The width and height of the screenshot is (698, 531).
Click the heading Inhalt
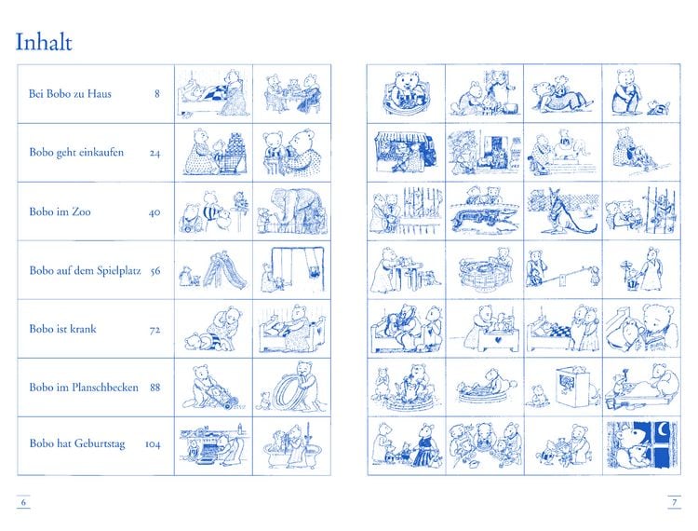point(44,42)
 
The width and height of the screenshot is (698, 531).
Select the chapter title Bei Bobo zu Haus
point(70,93)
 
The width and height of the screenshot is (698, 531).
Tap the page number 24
point(154,153)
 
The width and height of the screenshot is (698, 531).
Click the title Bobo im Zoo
point(60,211)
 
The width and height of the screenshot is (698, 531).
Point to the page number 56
point(154,271)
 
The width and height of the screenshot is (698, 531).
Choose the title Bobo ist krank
point(62,329)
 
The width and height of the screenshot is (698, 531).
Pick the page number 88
point(154,388)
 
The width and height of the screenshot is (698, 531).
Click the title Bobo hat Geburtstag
point(77,443)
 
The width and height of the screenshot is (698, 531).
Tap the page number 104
point(153,444)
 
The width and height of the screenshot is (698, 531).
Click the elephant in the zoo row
point(294,208)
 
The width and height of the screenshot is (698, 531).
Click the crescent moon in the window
point(663,430)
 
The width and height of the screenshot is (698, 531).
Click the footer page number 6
point(23,502)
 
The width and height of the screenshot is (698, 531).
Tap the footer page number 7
point(675,502)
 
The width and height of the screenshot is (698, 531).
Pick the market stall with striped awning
point(406,152)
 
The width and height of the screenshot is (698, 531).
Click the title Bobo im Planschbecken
point(84,388)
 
